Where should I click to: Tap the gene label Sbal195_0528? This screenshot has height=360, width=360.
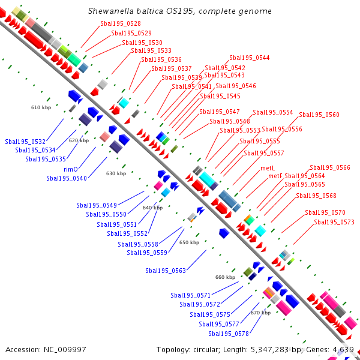pyautogui.click(x=121, y=23)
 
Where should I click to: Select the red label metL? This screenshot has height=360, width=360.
pyautogui.click(x=268, y=168)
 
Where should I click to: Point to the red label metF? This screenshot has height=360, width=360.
pyautogui.click(x=275, y=176)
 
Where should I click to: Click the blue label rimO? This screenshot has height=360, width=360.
pyautogui.click(x=71, y=169)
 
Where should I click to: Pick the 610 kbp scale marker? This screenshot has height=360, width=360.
pyautogui.click(x=41, y=107)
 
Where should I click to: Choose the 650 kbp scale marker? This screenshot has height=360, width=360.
pyautogui.click(x=189, y=242)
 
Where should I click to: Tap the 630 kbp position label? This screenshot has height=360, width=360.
pyautogui.click(x=116, y=173)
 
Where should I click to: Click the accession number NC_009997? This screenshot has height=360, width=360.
pyautogui.click(x=65, y=350)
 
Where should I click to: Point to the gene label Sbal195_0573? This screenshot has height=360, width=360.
pyautogui.click(x=334, y=222)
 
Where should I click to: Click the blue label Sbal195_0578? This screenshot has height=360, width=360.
pyautogui.click(x=229, y=334)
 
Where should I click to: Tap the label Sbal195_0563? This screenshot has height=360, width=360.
pyautogui.click(x=166, y=271)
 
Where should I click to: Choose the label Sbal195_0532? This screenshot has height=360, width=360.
pyautogui.click(x=25, y=142)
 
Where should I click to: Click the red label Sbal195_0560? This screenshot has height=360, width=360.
pyautogui.click(x=319, y=115)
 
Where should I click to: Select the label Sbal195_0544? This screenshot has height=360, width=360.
pyautogui.click(x=250, y=58)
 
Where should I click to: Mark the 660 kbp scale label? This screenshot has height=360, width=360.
pyautogui.click(x=225, y=277)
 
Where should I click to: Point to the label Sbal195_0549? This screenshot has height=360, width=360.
pyautogui.click(x=97, y=205)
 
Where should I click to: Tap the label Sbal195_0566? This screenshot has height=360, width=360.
pyautogui.click(x=330, y=167)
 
